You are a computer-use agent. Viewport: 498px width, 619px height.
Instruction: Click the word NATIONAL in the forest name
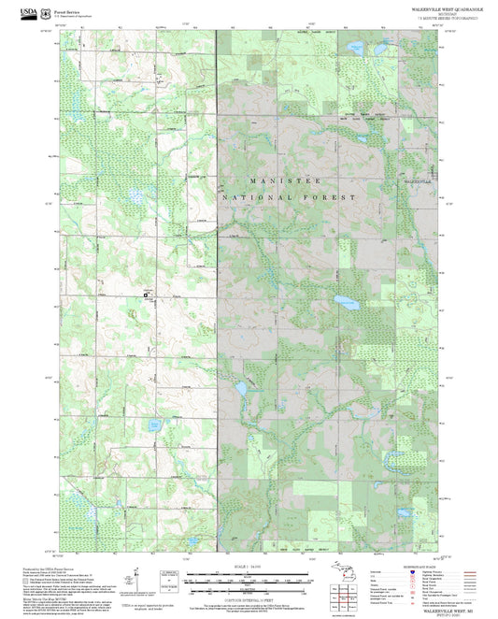255,198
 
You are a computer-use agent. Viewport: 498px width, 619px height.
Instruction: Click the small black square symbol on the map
145,295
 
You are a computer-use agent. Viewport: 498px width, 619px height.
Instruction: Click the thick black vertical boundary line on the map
217,281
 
